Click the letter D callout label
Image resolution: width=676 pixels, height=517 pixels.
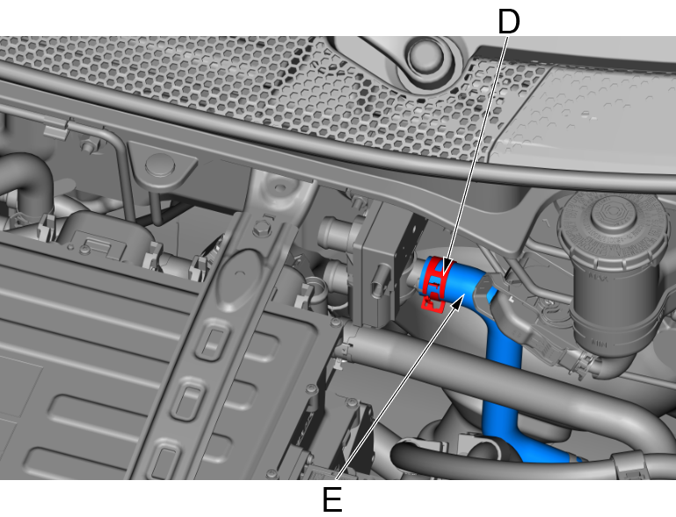tap(509, 22)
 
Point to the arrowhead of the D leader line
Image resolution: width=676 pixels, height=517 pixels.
tap(447, 267)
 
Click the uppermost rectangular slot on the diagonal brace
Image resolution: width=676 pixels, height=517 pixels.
tap(214, 341)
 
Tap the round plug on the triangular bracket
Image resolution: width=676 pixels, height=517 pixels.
tap(160, 166)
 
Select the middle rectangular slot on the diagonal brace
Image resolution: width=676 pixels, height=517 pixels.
tap(188, 400)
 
